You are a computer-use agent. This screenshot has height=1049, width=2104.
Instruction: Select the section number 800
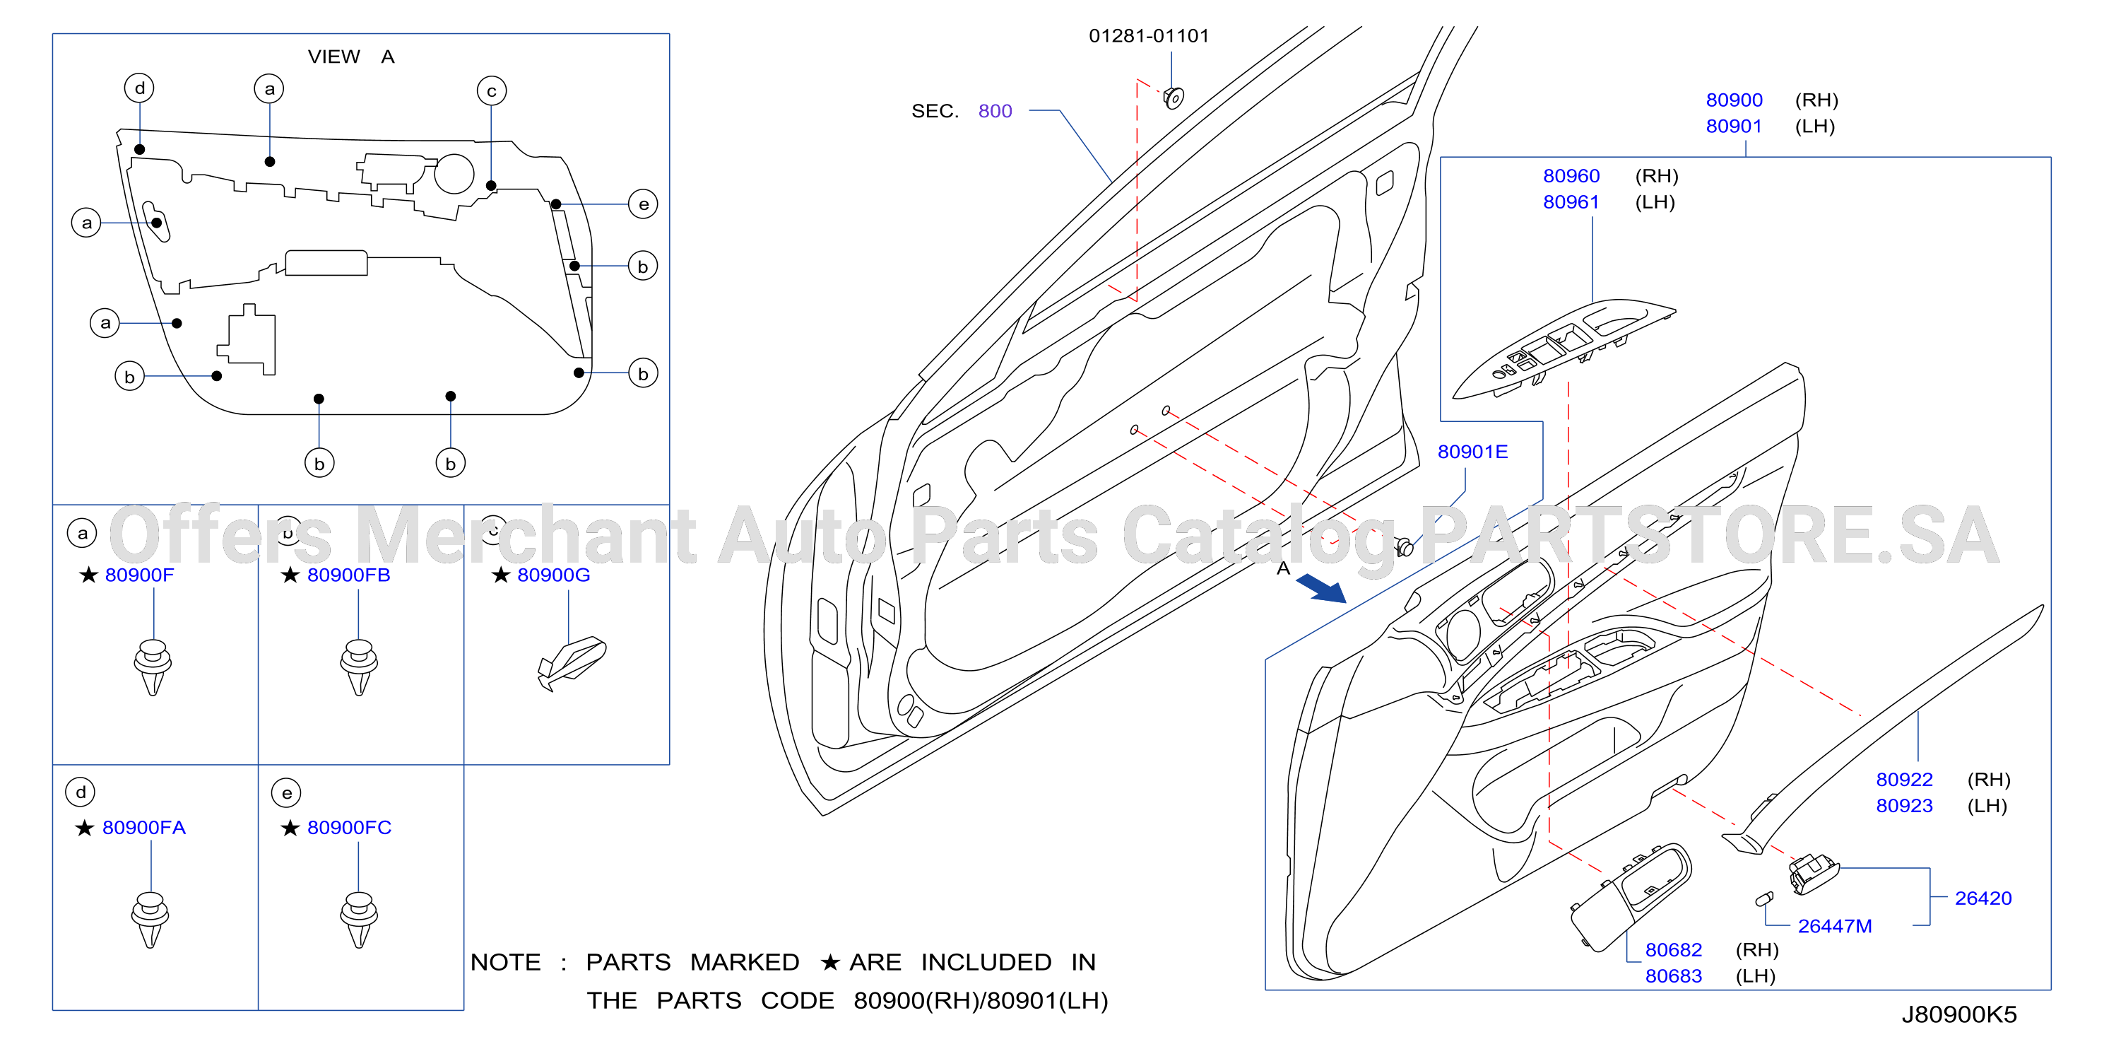coord(995,111)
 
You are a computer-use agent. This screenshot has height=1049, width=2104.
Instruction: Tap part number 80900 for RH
coord(1734,100)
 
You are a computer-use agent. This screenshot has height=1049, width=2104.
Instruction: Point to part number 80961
coord(1571,201)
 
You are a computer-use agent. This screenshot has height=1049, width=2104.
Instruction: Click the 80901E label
coord(1472,452)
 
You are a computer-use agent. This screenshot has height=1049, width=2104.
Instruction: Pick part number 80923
coord(1904,806)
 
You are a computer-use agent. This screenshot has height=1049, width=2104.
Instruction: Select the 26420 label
coord(1982,898)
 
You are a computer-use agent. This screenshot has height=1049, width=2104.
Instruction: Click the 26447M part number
coord(1835,925)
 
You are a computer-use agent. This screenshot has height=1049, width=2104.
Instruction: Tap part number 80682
coord(1674,949)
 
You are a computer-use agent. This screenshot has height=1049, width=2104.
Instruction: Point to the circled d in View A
coord(140,88)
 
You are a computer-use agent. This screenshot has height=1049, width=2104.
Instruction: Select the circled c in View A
coord(492,90)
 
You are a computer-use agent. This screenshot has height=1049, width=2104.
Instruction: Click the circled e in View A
coord(644,204)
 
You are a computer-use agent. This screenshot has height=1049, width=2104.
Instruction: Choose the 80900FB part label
coord(349,575)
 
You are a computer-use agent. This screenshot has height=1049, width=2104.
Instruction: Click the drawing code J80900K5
coord(1958,1014)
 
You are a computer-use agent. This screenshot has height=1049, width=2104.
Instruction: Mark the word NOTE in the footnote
coord(506,962)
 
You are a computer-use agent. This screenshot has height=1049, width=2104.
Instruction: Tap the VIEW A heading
coord(351,57)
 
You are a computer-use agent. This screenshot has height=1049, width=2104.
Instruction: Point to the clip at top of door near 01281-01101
coord(1174,98)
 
